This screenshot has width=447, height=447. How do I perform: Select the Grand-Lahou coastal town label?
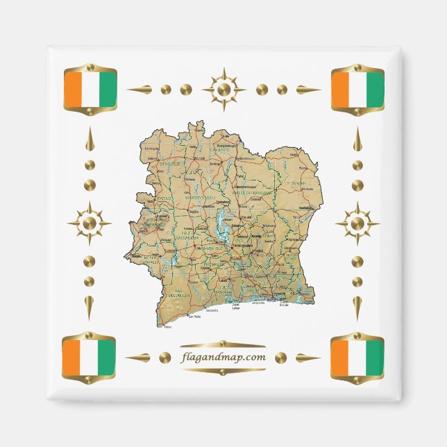tap(235, 306)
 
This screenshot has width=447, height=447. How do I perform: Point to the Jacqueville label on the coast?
tap(260, 303)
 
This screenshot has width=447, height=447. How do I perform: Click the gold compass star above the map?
tap(223, 89)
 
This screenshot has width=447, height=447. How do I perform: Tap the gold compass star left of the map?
tap(89, 223)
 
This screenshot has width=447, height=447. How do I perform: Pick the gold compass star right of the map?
tap(357, 223)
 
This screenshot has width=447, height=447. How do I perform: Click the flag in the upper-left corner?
tap(89, 90)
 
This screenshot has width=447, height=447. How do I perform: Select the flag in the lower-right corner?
tap(357, 357)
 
